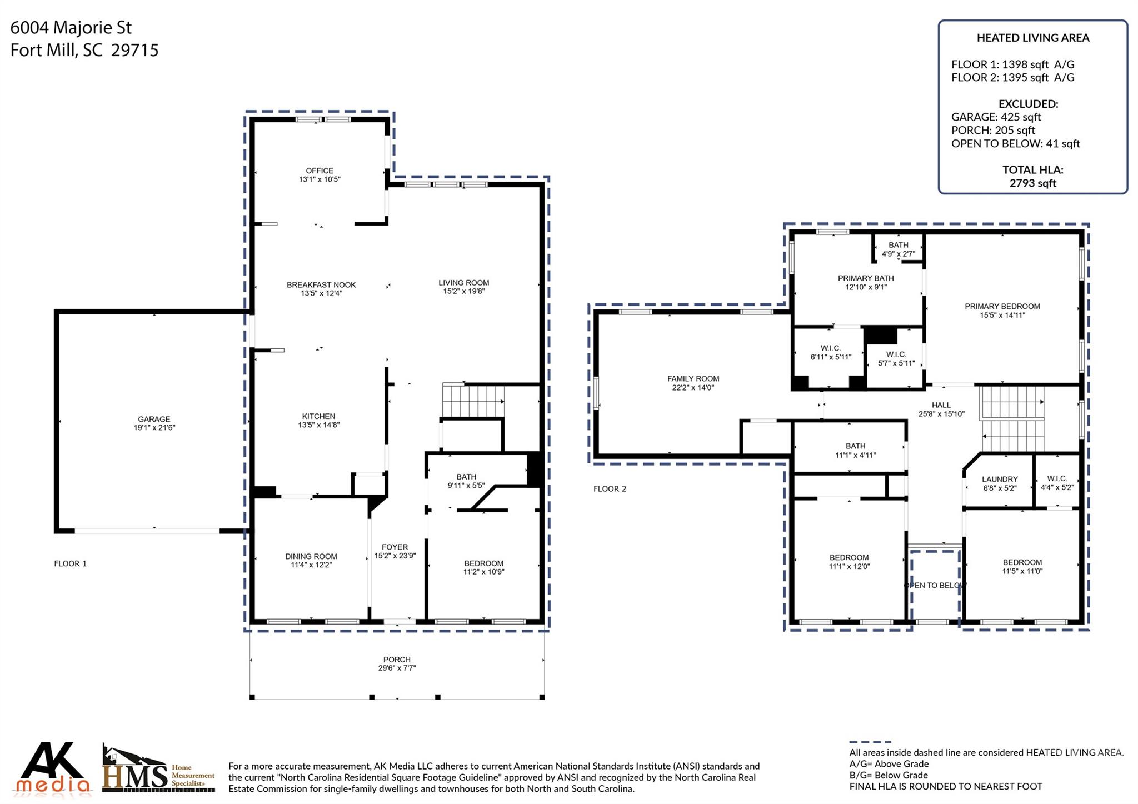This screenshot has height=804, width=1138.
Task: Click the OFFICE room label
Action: [x=319, y=171]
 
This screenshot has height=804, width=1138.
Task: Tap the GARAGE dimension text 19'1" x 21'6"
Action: [x=154, y=428]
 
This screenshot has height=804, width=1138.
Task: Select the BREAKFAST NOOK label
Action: [x=321, y=285]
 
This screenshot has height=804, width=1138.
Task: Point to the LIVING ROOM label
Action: [x=463, y=283]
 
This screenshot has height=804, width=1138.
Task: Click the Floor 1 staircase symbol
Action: [x=473, y=401]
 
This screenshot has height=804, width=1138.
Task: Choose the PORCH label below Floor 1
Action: [x=396, y=660]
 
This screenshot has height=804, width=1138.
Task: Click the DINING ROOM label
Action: [x=311, y=556]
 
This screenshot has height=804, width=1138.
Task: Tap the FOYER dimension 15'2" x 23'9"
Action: [x=395, y=556]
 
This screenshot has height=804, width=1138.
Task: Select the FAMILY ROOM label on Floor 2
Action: [x=693, y=379]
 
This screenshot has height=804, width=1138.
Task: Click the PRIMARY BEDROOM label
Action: [x=1002, y=306]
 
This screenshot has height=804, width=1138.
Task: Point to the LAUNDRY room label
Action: [x=999, y=479]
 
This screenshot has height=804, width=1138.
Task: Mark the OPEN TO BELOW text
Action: [x=936, y=585]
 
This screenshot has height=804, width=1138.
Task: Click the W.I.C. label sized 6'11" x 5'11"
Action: [x=831, y=348]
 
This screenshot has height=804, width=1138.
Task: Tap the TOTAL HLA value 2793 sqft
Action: [x=1032, y=183]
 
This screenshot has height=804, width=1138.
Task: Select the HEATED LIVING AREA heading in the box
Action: [x=1032, y=38]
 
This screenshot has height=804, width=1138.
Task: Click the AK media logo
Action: [x=53, y=769]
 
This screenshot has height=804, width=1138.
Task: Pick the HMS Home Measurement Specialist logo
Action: [x=158, y=771]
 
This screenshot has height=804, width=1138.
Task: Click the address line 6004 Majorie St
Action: [x=71, y=27]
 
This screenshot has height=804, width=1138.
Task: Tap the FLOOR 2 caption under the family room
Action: [x=610, y=489]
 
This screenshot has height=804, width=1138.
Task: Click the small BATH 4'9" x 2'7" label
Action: [x=898, y=245]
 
